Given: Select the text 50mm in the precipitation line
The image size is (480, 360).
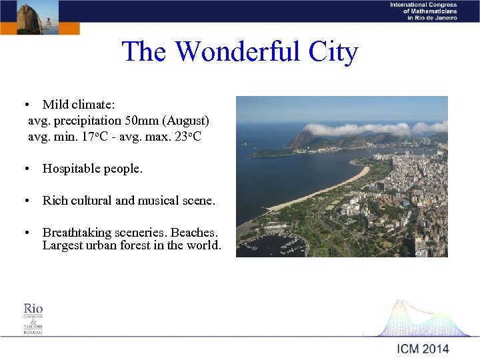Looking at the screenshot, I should (x=143, y=121).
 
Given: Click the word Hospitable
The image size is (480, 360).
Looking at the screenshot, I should (x=72, y=169).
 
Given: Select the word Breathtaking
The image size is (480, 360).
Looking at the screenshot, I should (x=80, y=232).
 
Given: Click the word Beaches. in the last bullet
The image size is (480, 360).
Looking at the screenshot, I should (x=194, y=232).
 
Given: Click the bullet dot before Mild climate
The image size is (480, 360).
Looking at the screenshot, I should (x=25, y=105).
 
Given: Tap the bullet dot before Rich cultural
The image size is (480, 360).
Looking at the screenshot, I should (x=25, y=201).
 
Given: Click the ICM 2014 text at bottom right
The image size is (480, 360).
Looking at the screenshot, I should (x=423, y=348).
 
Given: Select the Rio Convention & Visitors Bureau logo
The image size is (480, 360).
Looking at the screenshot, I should (x=33, y=318).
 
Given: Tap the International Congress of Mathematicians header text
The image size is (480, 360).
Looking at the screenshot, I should (x=423, y=11).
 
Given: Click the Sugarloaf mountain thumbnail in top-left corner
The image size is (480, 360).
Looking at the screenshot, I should (x=30, y=17).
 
